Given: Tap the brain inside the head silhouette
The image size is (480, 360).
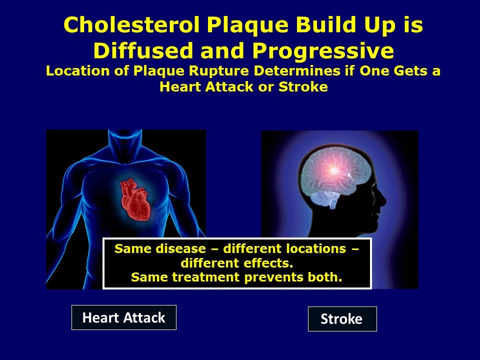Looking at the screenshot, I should [330, 175].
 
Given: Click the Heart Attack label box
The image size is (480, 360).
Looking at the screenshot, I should [123, 317].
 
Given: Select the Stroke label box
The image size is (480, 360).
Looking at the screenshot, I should [341, 319].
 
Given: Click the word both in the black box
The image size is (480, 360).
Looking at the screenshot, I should [327, 277].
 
